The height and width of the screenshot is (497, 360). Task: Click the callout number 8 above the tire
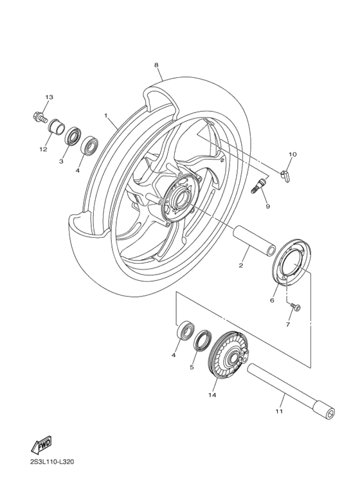click(156, 65)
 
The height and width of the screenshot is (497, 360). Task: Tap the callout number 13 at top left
click(49, 97)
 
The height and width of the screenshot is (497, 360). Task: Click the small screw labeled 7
click(296, 307)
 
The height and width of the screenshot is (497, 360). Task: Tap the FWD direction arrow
click(41, 444)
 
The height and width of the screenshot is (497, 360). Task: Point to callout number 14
click(212, 395)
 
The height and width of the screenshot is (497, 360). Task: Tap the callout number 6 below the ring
click(273, 300)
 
